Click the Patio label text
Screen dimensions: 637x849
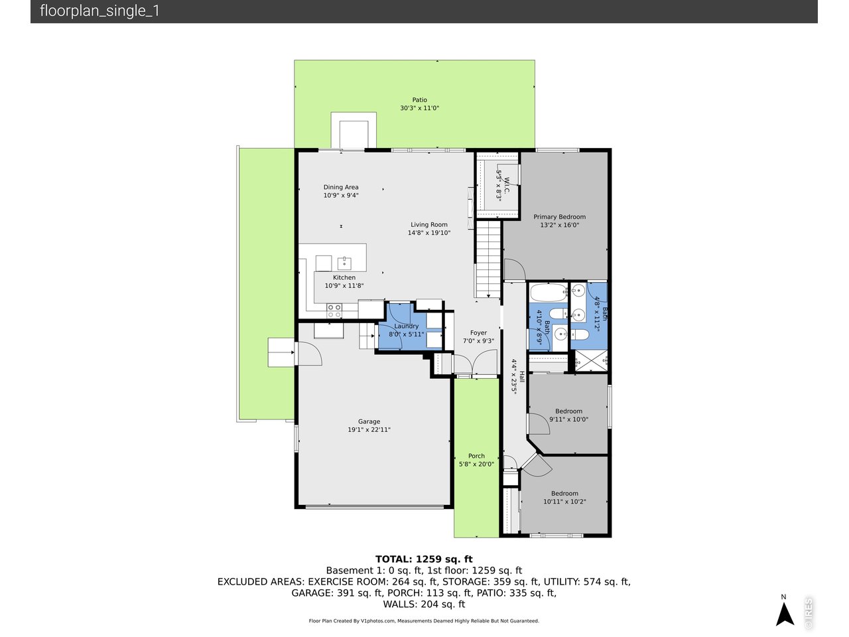pos(419,100)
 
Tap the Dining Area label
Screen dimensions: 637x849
pos(341,187)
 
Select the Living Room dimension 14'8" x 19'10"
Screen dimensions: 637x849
pos(428,233)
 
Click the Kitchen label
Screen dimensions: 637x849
pos(344,277)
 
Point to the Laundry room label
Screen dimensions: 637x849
pos(406,326)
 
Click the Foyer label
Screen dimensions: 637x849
pos(478,333)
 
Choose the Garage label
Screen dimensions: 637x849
pos(369,421)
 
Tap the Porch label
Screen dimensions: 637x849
pos(476,456)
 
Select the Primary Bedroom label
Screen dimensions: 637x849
pos(560,217)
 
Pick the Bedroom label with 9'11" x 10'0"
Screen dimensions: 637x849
pos(568,411)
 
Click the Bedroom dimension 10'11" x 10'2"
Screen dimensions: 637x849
pos(564,502)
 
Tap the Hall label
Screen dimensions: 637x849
pos(521,377)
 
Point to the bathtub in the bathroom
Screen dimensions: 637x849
pos(548,293)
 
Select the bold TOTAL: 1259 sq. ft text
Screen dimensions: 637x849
pos(424,559)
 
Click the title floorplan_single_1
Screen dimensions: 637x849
pos(99,11)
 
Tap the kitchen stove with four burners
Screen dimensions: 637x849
pos(334,307)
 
